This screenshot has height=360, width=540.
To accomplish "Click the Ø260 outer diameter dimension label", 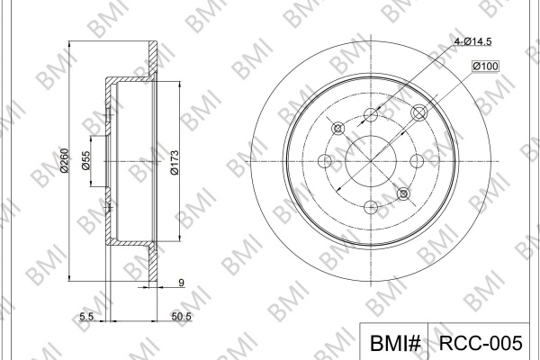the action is coord(65,160).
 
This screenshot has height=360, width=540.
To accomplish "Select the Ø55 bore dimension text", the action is coord(85,160).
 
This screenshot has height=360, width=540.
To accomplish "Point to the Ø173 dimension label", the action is coord(175,163).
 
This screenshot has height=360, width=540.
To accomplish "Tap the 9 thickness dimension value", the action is coord(182,283).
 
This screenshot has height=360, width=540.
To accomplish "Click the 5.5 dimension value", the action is coord(86,316).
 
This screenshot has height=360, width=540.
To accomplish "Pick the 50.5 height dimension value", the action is coord(181,316).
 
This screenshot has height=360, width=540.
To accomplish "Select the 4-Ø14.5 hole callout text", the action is coord(472,41).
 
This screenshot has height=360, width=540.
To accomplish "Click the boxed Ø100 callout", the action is coord(485,66).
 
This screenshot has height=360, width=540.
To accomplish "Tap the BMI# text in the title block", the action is coord(395,343).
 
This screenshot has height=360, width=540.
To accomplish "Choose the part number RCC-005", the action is coord(481,343).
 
